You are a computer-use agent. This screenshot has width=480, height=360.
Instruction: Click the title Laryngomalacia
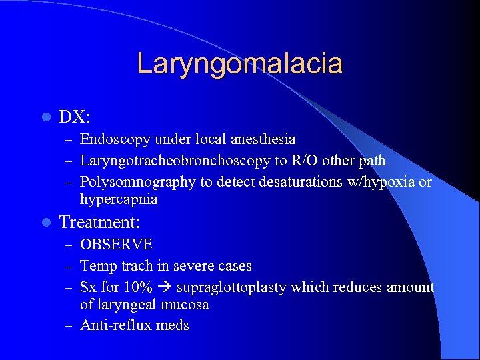click(239, 63)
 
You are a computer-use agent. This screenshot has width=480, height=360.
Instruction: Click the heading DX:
click(75, 117)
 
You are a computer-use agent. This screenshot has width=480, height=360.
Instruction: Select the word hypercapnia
click(119, 199)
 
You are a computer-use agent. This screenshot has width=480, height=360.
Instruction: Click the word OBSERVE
click(116, 245)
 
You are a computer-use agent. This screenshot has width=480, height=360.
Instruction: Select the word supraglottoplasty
click(227, 287)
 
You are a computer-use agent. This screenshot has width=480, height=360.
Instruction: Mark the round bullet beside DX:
click(45, 117)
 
